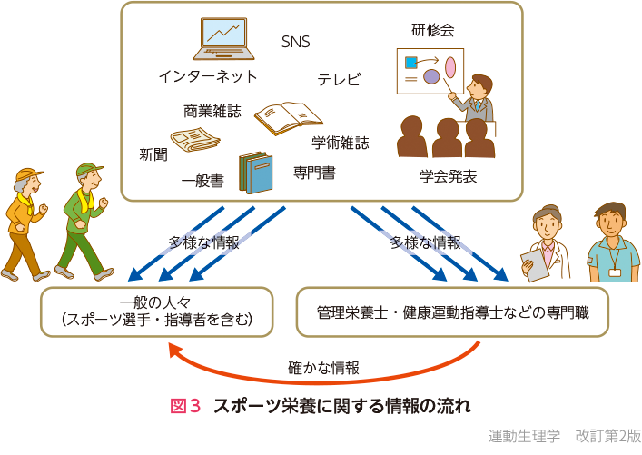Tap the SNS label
(297, 42)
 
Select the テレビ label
(338, 80)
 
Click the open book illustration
(288, 117)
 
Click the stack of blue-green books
(255, 172)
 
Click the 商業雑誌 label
(212, 111)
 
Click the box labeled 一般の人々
(157, 312)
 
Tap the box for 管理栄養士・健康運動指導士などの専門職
(452, 312)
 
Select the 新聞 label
(153, 154)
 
